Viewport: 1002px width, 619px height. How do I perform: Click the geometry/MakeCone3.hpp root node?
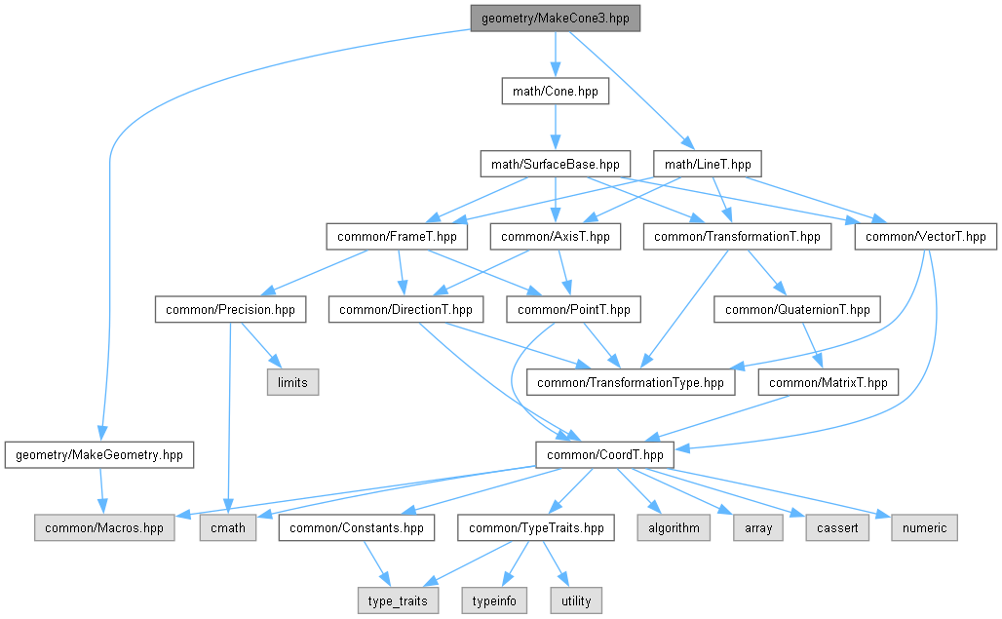tap(555, 19)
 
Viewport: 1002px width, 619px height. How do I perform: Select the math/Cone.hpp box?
tap(555, 92)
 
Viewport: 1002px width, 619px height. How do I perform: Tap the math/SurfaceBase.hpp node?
tap(555, 164)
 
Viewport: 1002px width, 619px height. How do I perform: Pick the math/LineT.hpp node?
tap(708, 164)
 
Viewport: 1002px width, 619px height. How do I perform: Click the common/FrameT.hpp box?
tap(397, 236)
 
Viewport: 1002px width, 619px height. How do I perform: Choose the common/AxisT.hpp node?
tap(555, 236)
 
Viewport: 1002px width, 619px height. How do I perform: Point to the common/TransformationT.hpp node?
tap(737, 236)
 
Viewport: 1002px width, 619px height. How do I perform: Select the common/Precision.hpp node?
tap(230, 310)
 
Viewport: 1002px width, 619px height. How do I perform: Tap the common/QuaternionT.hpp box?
tap(798, 310)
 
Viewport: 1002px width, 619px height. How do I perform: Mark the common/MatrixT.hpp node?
tap(829, 382)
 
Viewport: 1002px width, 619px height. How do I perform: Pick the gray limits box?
tap(292, 382)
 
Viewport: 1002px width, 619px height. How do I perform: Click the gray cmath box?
tap(229, 527)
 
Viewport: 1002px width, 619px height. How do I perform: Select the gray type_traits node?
tap(397, 600)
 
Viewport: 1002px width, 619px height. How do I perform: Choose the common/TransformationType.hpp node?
tap(631, 382)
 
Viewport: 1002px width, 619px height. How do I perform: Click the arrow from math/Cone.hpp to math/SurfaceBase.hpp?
tap(555, 128)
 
